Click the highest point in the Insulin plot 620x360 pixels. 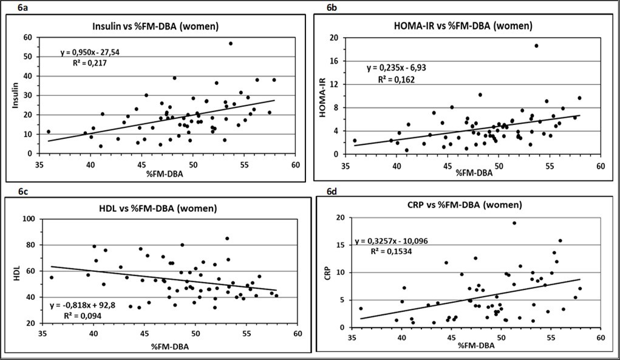(231, 43)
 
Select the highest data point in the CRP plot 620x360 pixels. (514, 223)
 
